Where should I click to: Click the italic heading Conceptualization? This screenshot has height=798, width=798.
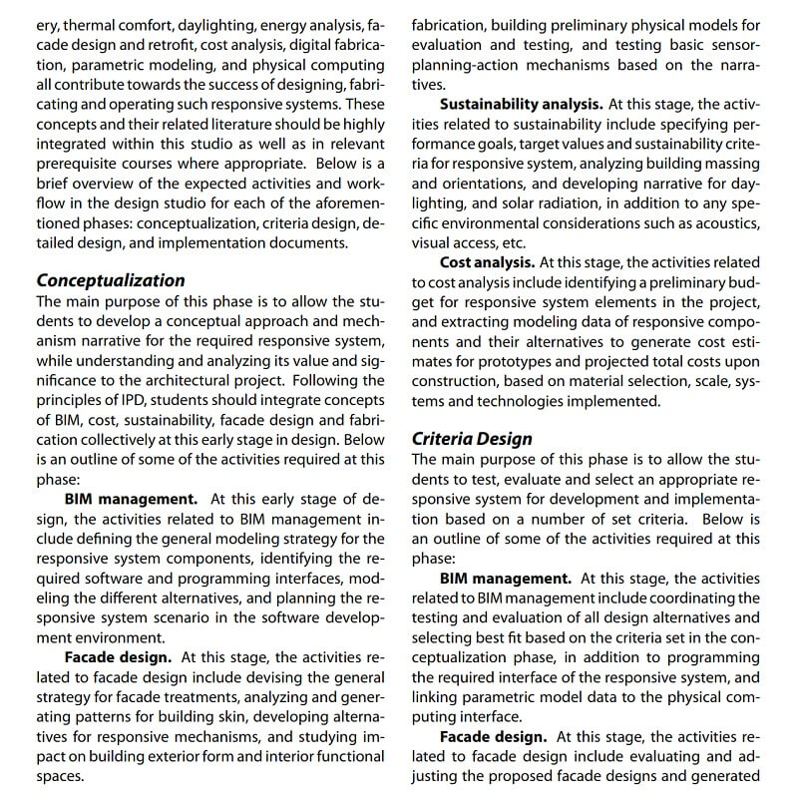(x=111, y=280)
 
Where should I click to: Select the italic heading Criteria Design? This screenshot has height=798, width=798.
(x=472, y=438)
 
